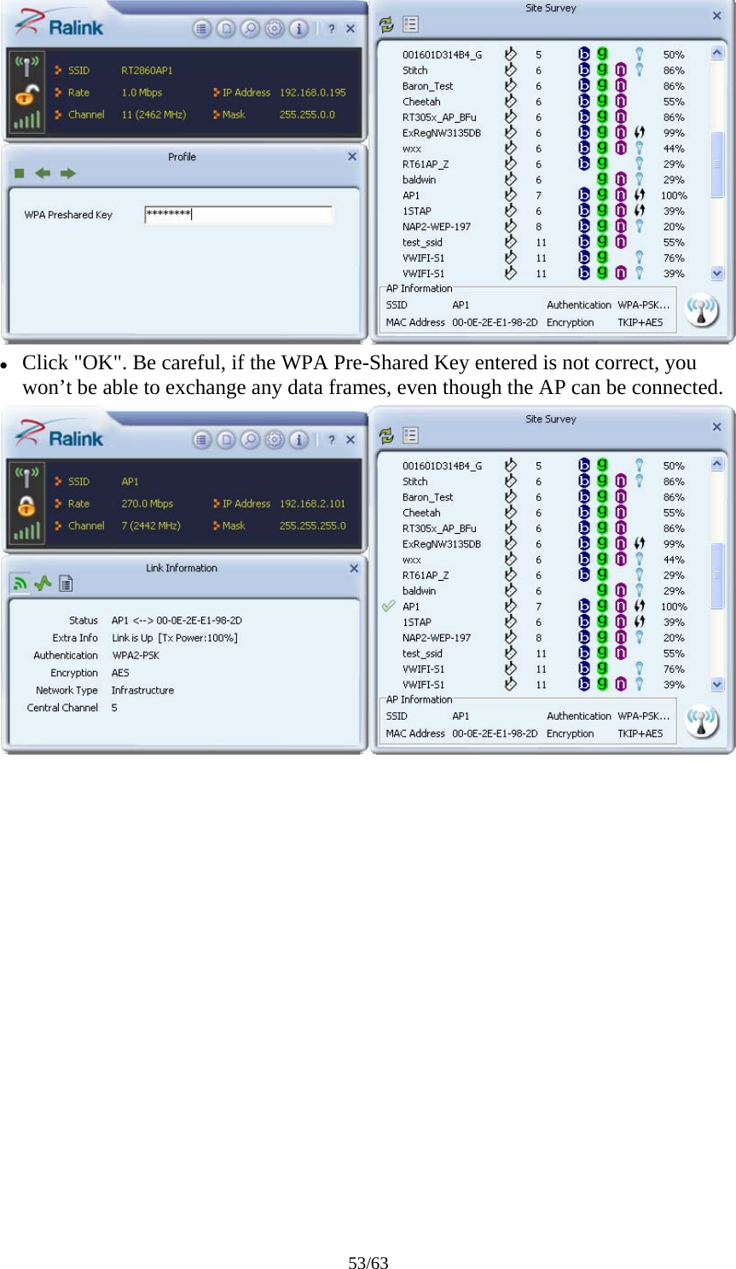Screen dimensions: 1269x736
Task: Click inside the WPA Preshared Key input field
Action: [x=238, y=215]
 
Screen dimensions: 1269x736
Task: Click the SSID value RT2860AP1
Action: [x=147, y=71]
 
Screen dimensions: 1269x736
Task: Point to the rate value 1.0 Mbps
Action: [x=142, y=93]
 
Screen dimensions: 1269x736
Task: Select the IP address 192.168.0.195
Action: [x=312, y=93]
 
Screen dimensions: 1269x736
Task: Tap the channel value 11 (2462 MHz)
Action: [x=154, y=114]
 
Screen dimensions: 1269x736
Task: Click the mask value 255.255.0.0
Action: [x=307, y=114]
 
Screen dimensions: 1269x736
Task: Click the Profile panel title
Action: [x=182, y=157]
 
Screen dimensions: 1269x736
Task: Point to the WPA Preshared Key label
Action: [x=68, y=215]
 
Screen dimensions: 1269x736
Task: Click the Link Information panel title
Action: [x=182, y=568]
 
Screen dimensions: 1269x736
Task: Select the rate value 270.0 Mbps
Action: [x=147, y=504]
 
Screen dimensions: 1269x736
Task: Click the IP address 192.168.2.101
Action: [x=312, y=504]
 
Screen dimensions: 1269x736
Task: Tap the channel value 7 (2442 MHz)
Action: [x=151, y=525]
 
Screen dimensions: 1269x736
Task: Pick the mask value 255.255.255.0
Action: [x=312, y=525]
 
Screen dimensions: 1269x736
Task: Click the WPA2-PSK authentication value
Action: [x=136, y=656]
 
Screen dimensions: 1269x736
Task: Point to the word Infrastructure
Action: [x=142, y=691]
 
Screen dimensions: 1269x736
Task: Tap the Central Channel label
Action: [x=62, y=708]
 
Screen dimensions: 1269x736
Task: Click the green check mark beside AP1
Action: [x=388, y=606]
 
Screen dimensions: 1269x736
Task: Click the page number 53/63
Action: [x=368, y=1263]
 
